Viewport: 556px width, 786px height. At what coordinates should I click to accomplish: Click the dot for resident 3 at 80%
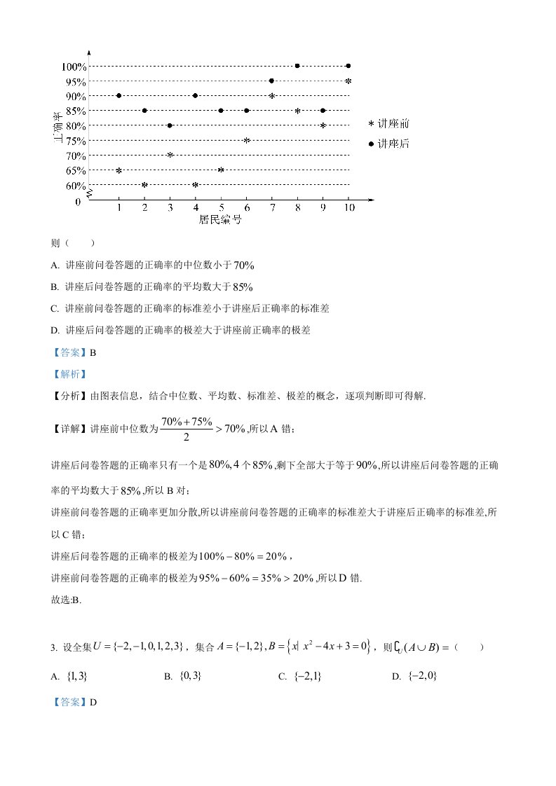(170, 125)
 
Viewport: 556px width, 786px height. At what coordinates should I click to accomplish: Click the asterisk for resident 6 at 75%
(247, 140)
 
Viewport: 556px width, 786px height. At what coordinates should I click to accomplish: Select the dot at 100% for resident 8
(297, 66)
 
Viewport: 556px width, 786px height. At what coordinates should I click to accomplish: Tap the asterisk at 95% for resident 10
(348, 81)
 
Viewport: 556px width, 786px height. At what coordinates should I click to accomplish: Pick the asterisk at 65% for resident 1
(119, 170)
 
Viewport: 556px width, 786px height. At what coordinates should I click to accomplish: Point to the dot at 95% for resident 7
(271, 81)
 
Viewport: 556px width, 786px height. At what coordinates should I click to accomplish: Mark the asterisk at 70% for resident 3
(170, 155)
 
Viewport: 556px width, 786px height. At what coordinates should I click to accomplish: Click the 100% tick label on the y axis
(74, 67)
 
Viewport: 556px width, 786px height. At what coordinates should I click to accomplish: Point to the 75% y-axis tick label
(76, 141)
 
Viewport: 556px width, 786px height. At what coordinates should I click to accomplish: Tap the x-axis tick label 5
(221, 208)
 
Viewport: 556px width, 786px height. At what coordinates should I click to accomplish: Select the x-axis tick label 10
(348, 208)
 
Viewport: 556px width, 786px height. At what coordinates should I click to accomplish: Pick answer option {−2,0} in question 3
(422, 676)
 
